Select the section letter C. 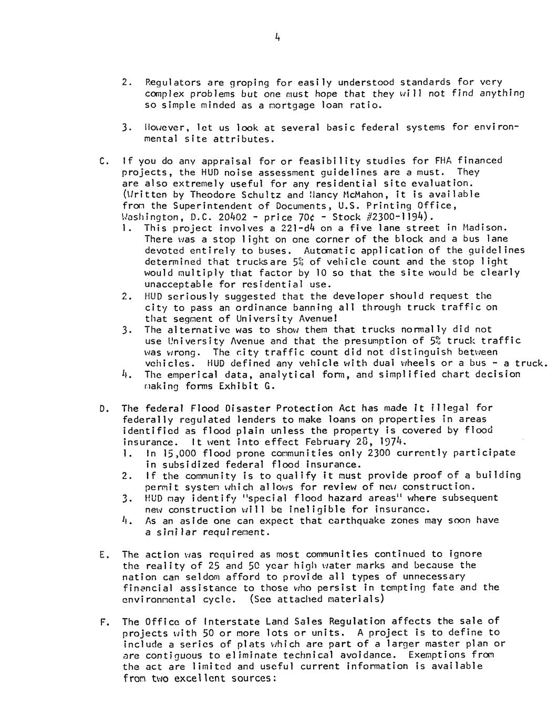(102, 160)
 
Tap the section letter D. (102, 408)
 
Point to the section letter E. (102, 554)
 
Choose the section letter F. (102, 622)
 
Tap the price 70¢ (307, 217)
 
